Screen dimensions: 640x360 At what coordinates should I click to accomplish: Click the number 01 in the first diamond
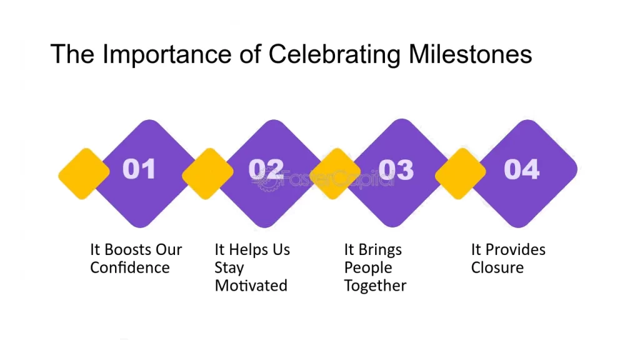139,169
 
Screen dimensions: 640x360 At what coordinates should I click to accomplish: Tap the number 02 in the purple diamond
266,169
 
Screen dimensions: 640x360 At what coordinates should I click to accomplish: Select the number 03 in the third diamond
396,169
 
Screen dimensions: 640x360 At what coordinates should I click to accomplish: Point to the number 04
522,169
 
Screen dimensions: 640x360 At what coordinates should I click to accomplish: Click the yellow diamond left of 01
84,174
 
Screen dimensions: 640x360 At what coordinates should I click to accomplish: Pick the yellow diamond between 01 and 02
207,174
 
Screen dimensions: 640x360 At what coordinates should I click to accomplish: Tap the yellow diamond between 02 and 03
335,174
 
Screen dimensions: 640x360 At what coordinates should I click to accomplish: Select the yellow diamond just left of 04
461,174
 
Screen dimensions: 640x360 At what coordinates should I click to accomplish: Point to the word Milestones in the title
470,54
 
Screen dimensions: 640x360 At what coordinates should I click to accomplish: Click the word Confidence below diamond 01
130,267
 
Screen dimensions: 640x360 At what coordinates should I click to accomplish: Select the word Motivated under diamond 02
251,286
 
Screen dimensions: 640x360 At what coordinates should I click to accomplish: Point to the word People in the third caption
367,268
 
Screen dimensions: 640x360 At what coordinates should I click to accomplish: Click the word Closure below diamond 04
497,267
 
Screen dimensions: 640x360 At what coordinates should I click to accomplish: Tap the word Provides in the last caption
515,249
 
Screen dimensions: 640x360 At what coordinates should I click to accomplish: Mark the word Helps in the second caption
248,250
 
